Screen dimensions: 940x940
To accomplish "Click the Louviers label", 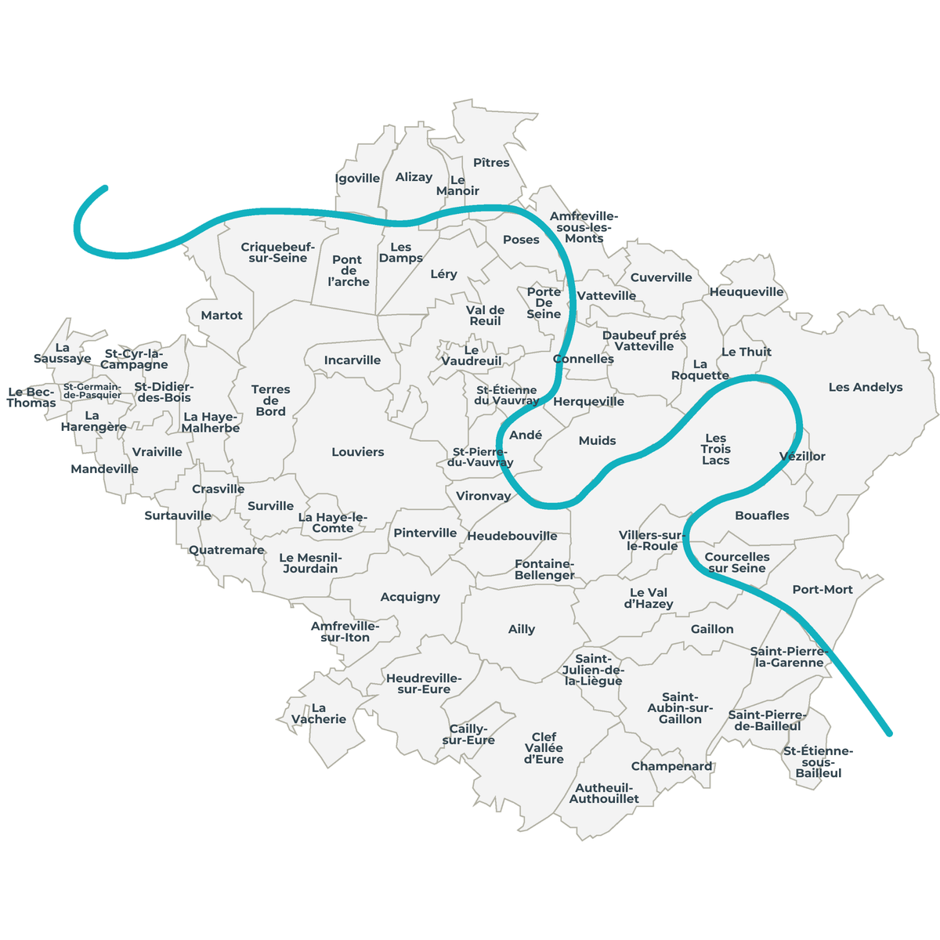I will pyautogui.click(x=358, y=452).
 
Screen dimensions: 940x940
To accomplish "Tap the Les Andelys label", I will pyautogui.click(x=866, y=387).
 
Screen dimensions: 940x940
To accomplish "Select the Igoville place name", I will pyautogui.click(x=357, y=179).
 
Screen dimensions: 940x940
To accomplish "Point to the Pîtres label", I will pyautogui.click(x=491, y=163).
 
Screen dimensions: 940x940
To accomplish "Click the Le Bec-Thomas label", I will pyautogui.click(x=31, y=398).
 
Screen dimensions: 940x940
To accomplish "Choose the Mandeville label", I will pyautogui.click(x=104, y=469).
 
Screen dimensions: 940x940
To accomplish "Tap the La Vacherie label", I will pyautogui.click(x=319, y=714).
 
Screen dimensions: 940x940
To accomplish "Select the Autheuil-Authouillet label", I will pyautogui.click(x=604, y=794).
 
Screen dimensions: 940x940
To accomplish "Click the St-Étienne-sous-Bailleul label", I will pyautogui.click(x=819, y=762).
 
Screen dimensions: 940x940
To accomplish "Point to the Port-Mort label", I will pyautogui.click(x=822, y=590).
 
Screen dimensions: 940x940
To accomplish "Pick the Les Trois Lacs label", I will pyautogui.click(x=716, y=450).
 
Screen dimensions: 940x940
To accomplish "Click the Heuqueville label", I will pyautogui.click(x=747, y=292).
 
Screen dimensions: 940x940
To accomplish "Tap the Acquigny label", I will pyautogui.click(x=410, y=597).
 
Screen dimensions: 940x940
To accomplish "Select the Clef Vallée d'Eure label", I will pyautogui.click(x=544, y=748).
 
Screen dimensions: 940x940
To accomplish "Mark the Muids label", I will pyautogui.click(x=598, y=441).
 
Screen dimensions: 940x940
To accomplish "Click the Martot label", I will pyautogui.click(x=222, y=316).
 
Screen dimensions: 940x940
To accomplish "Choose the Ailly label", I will pyautogui.click(x=522, y=629).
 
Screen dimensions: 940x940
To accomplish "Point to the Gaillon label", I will pyautogui.click(x=712, y=629).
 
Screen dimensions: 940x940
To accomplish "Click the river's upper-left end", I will pyautogui.click(x=105, y=188).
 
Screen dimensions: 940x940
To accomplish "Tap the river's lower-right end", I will pyautogui.click(x=889, y=734).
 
